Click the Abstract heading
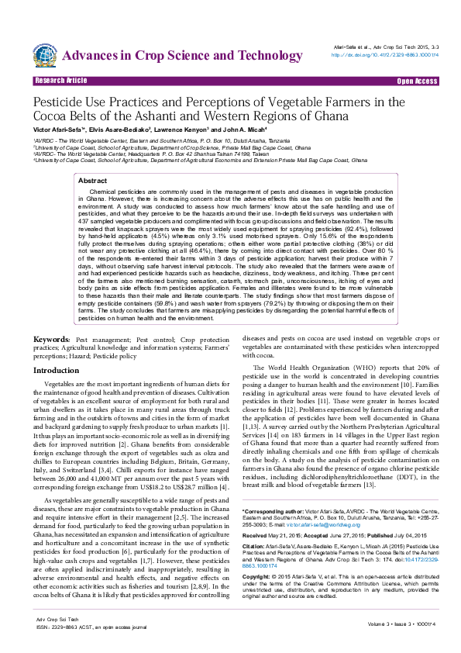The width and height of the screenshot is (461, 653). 93,180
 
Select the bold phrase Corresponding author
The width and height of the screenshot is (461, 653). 273,512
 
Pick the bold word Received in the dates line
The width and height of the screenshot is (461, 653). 256,536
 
